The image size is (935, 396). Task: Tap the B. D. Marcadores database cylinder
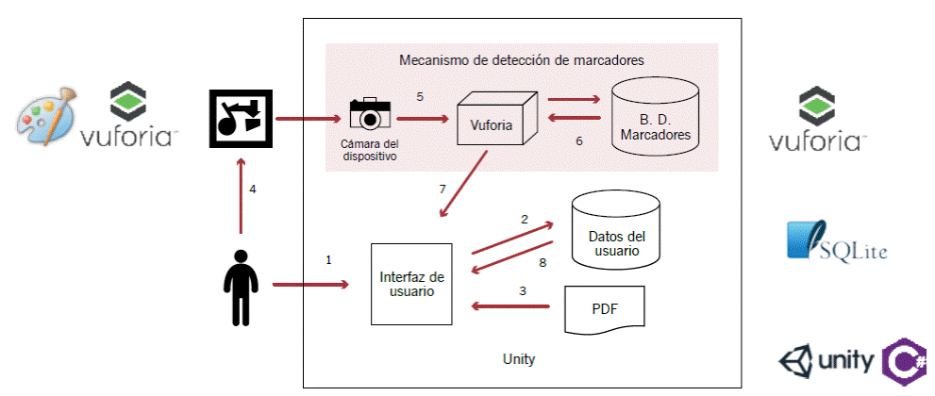point(656,119)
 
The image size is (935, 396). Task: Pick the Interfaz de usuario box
point(411,284)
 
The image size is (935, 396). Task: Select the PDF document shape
point(604,309)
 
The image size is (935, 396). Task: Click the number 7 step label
point(442,190)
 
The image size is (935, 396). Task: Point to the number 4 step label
point(253,190)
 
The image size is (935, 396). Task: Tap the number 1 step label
point(328,259)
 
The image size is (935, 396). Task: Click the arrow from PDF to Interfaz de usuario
point(509,305)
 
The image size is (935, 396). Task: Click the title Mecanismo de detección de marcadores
point(521,59)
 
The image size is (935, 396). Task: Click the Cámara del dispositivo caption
point(369,150)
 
